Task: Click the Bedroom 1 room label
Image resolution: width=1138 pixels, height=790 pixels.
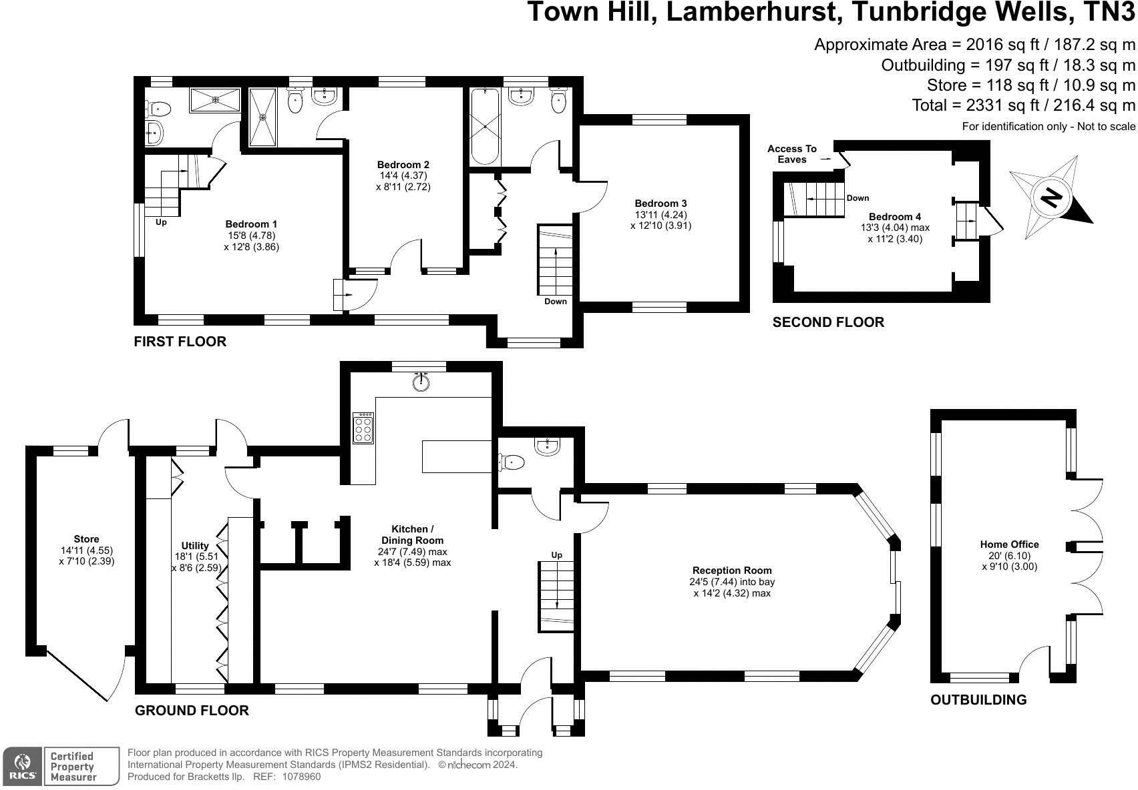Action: pos(251,224)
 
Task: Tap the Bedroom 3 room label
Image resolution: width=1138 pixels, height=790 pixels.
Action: pos(660,204)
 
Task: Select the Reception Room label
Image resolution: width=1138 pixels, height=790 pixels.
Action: pos(732,570)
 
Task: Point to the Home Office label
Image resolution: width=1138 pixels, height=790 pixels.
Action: pos(1009,544)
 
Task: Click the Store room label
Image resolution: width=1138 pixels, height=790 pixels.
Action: pos(87,539)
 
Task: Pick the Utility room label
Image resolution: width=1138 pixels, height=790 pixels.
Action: pos(195,546)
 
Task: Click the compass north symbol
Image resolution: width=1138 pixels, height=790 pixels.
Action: pos(1051,197)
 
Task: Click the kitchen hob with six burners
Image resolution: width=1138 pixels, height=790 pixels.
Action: pos(363,428)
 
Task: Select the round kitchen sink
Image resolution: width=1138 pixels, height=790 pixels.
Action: pos(421,382)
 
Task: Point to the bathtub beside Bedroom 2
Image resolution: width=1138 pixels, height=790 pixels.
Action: pos(484,127)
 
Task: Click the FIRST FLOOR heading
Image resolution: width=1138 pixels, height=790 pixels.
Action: pos(180,342)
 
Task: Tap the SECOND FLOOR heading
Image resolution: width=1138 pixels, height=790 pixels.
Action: pos(828,322)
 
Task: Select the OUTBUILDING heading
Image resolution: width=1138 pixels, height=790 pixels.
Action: pos(978,700)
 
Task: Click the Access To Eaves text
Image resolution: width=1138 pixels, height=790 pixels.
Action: pos(792,154)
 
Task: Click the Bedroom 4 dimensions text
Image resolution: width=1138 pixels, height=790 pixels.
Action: pos(895,233)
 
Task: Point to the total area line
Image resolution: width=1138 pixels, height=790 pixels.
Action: pos(1024,105)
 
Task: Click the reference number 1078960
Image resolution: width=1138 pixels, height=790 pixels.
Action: pos(302,777)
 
